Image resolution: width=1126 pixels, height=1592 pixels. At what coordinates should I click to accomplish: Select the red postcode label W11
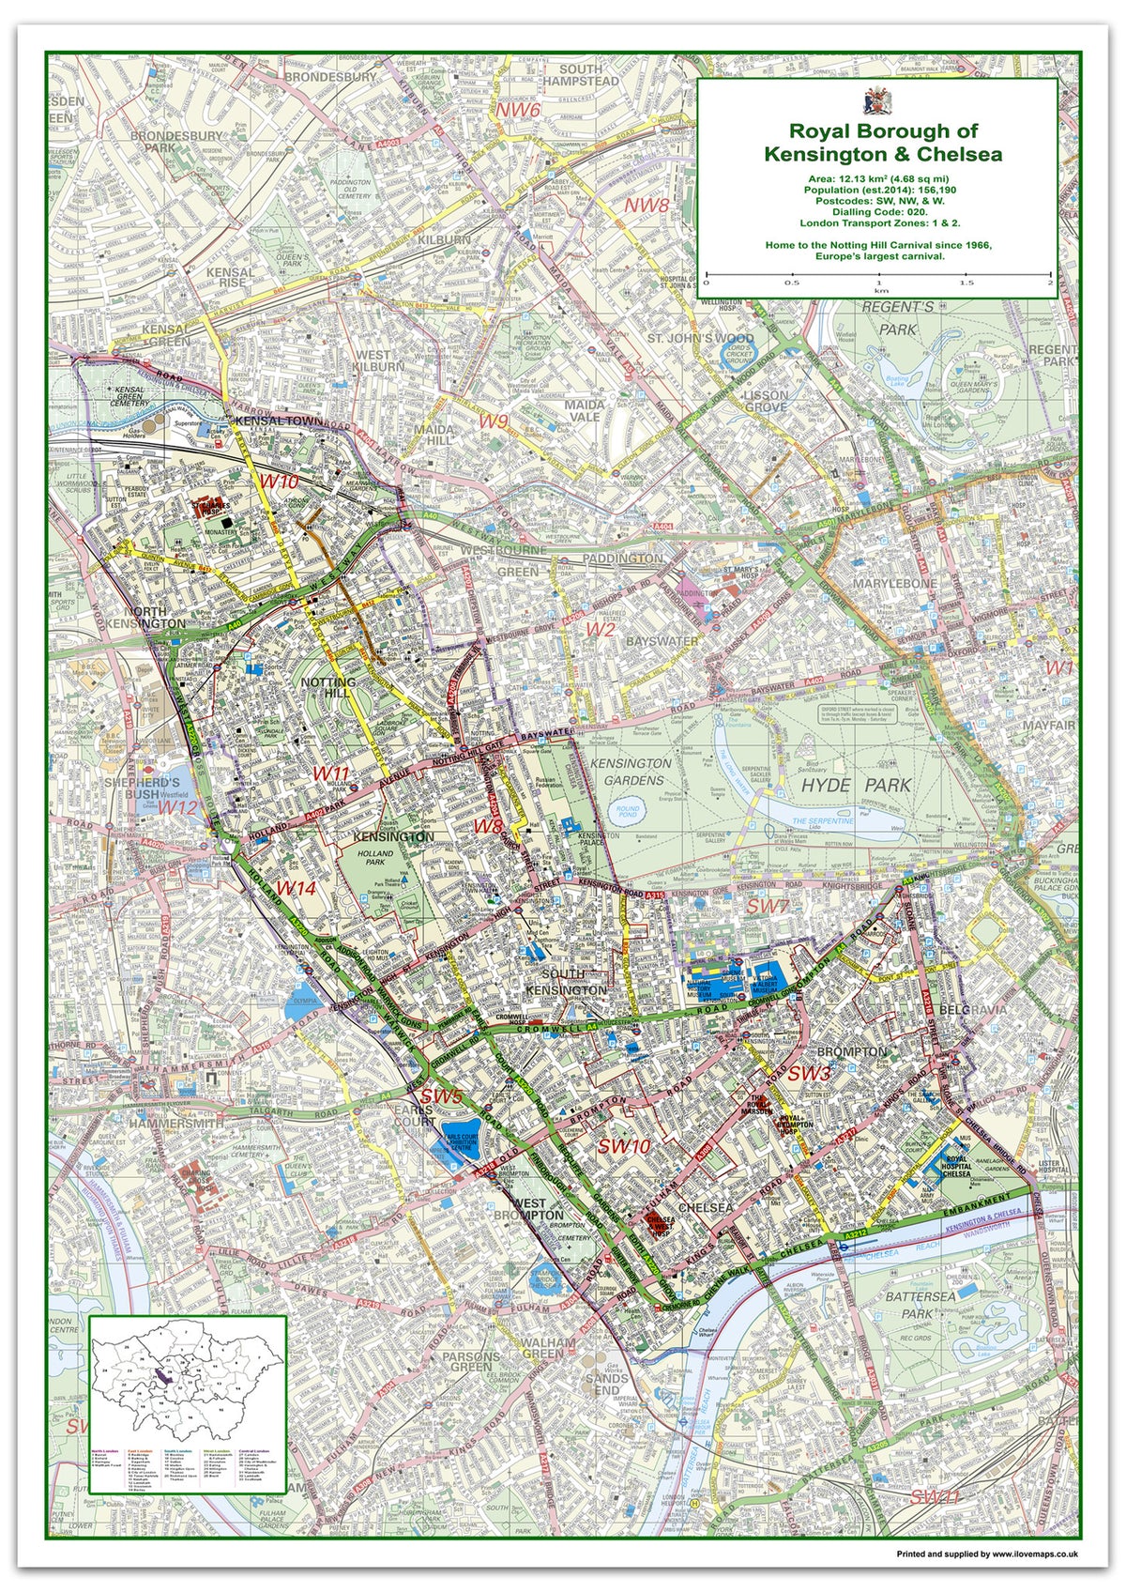pyautogui.click(x=331, y=773)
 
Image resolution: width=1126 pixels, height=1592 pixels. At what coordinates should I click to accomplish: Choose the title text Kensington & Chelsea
pyautogui.click(x=882, y=154)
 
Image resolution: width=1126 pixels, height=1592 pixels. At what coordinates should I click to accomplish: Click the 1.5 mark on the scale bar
pyautogui.click(x=966, y=283)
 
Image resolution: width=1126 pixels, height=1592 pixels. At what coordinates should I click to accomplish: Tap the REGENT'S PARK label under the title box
pyautogui.click(x=898, y=318)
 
